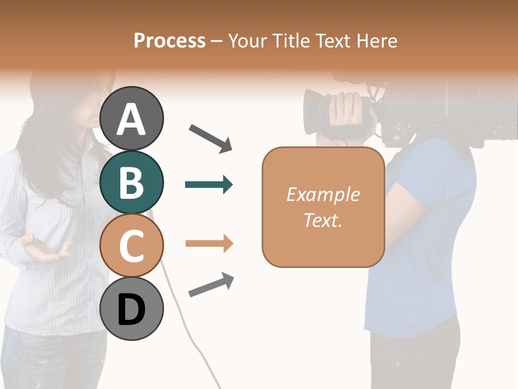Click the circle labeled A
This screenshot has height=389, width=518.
tap(132, 118)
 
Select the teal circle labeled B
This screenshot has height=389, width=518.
tap(132, 182)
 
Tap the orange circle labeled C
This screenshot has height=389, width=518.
tap(132, 245)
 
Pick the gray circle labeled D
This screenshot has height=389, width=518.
tap(132, 309)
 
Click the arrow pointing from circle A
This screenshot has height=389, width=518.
tap(210, 138)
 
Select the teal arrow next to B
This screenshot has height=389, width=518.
tap(209, 185)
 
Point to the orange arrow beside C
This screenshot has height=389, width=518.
tap(209, 244)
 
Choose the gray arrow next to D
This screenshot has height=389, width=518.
tap(211, 285)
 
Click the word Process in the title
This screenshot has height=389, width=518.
tap(169, 41)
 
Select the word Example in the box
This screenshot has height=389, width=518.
tap(323, 194)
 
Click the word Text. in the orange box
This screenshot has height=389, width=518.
tap(323, 220)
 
